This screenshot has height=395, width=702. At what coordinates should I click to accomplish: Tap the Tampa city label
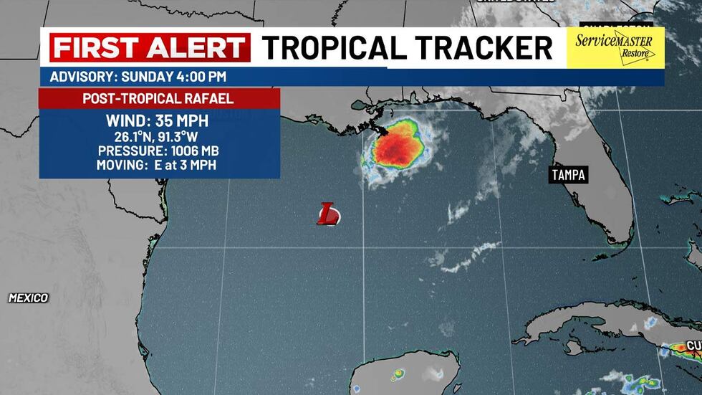[x=568, y=174]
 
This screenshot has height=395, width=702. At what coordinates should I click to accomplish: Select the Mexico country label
[x=29, y=298]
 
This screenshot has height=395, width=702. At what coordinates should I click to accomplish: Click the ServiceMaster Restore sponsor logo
[x=615, y=48]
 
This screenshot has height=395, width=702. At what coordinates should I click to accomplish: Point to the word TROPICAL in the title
[x=339, y=48]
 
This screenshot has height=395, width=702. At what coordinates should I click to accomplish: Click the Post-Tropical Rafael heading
[x=158, y=98]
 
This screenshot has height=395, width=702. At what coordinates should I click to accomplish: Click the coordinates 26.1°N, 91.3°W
[x=158, y=137]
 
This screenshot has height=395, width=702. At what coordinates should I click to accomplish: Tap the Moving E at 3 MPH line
[x=158, y=166]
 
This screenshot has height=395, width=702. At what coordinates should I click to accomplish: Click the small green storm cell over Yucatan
[x=397, y=373]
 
